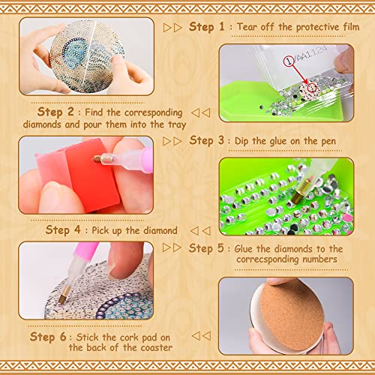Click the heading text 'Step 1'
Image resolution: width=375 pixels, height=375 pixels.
[207, 27]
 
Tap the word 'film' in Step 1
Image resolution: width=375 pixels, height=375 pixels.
[351, 26]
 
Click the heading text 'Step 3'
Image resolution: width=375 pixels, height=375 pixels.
[206, 140]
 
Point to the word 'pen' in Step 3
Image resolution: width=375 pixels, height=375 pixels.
[328, 142]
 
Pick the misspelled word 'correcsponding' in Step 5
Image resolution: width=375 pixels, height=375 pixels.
[268, 259]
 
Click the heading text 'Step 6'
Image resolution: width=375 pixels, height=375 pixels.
[48, 337]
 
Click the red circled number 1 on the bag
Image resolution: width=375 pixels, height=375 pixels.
[289, 61]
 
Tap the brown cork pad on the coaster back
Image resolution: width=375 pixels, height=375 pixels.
[292, 316]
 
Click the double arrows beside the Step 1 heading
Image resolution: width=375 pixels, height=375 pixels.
[172, 28]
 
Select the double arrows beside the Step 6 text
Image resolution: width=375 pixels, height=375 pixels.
[201, 336]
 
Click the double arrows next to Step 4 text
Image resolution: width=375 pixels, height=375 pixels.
[200, 231]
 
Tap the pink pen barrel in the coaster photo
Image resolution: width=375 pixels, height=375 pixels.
[85, 250]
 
